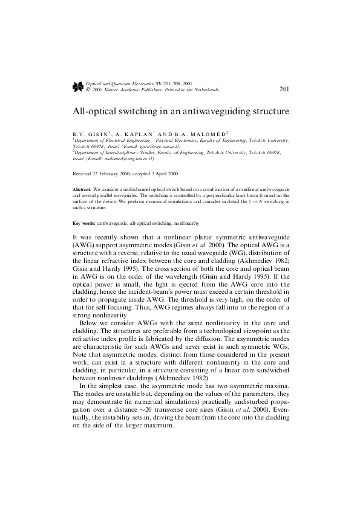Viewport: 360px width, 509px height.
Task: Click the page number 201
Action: (x=285, y=89)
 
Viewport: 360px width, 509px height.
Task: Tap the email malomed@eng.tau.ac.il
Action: (x=129, y=159)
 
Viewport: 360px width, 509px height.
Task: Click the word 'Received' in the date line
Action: (x=82, y=173)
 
